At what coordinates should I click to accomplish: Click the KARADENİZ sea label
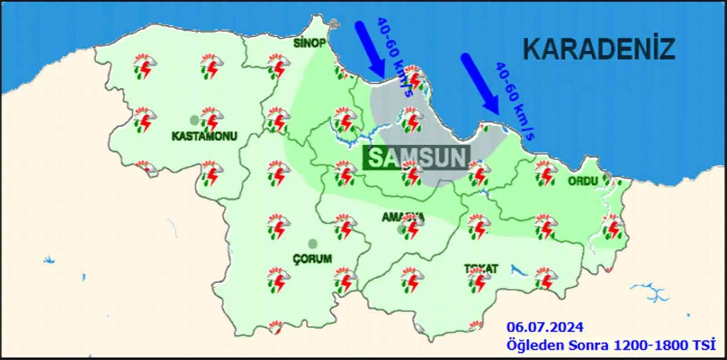(x=599, y=49)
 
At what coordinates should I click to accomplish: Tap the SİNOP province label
(x=309, y=43)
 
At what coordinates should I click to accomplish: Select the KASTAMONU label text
(x=204, y=136)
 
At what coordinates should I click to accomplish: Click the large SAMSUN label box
(x=417, y=158)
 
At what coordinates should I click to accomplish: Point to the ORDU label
(x=583, y=181)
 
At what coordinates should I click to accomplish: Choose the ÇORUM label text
(x=312, y=259)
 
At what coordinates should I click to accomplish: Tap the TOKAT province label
(x=481, y=269)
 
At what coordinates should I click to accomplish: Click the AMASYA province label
(x=403, y=217)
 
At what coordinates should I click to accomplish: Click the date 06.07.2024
(x=545, y=327)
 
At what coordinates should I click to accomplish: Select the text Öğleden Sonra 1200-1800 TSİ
(x=611, y=345)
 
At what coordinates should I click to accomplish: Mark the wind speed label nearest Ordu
(x=514, y=101)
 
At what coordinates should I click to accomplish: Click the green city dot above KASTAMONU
(x=194, y=120)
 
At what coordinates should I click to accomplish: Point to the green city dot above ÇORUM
(x=312, y=244)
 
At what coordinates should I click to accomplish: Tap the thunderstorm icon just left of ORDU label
(x=545, y=175)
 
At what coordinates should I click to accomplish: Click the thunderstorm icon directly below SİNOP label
(x=279, y=67)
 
